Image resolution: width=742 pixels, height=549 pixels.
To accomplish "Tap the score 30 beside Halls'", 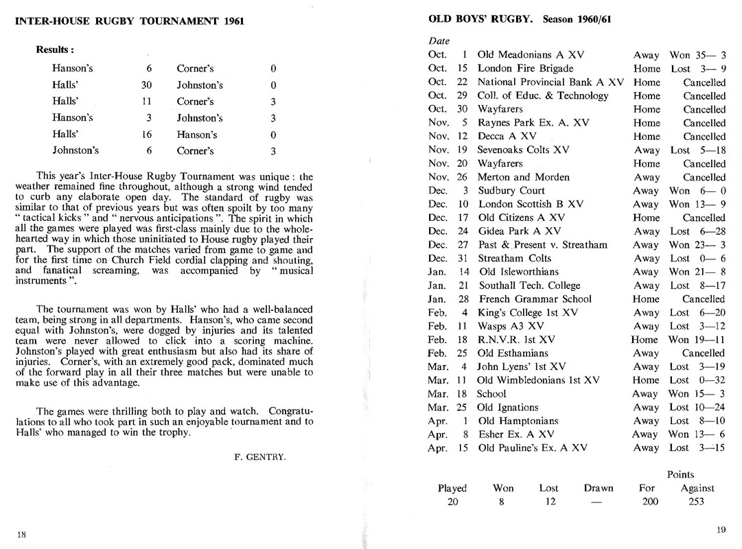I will click(146, 85).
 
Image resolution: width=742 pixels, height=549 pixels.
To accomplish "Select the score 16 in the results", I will click(146, 135).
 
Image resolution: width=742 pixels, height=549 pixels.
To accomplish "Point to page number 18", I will click(21, 535).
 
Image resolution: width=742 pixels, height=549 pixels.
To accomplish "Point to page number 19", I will click(721, 529).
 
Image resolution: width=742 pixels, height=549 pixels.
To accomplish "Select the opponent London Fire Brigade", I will click(525, 69).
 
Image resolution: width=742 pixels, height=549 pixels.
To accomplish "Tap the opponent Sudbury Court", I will click(511, 191).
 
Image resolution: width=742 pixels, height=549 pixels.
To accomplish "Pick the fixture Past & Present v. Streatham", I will click(542, 245).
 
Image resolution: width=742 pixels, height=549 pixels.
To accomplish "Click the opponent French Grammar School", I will click(533, 299).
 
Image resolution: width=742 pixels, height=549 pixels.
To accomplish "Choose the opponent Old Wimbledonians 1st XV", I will click(539, 380).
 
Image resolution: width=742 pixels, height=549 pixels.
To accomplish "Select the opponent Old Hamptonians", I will click(518, 421).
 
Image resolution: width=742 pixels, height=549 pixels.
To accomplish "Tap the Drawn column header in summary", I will click(599, 489).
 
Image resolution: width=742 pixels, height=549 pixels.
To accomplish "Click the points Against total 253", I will click(696, 502).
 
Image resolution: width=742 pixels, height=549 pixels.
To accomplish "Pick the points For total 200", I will click(649, 502).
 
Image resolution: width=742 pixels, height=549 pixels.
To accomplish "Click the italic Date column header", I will click(439, 41).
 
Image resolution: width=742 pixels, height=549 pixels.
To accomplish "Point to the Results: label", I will click(56, 50).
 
